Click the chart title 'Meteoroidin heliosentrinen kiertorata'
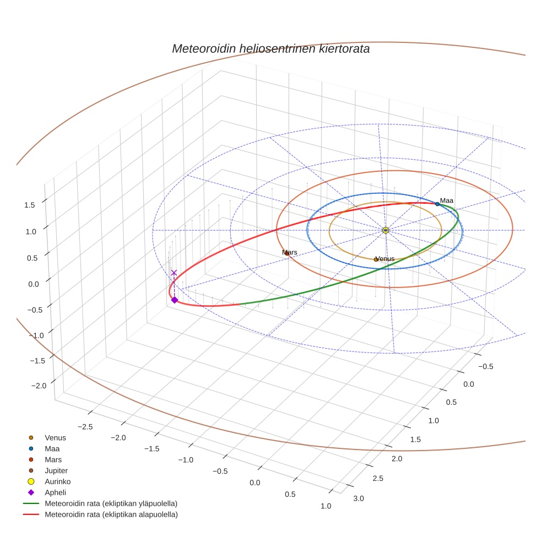[x=270, y=48]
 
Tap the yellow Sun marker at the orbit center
[x=386, y=230]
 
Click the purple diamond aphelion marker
[x=175, y=300]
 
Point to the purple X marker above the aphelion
[x=174, y=273]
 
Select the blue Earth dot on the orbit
[x=437, y=204]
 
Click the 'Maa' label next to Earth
[x=447, y=200]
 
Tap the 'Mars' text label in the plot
[x=290, y=252]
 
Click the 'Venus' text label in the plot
[x=385, y=258]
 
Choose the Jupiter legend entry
[x=56, y=470]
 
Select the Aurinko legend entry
[x=57, y=481]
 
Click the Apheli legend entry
[x=55, y=492]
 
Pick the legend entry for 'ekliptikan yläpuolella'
[x=111, y=503]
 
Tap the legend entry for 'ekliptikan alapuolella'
[x=111, y=514]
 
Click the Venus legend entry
[x=55, y=438]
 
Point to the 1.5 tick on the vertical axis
[x=30, y=205]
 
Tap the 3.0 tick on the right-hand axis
[x=359, y=498]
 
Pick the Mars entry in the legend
[x=53, y=459]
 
